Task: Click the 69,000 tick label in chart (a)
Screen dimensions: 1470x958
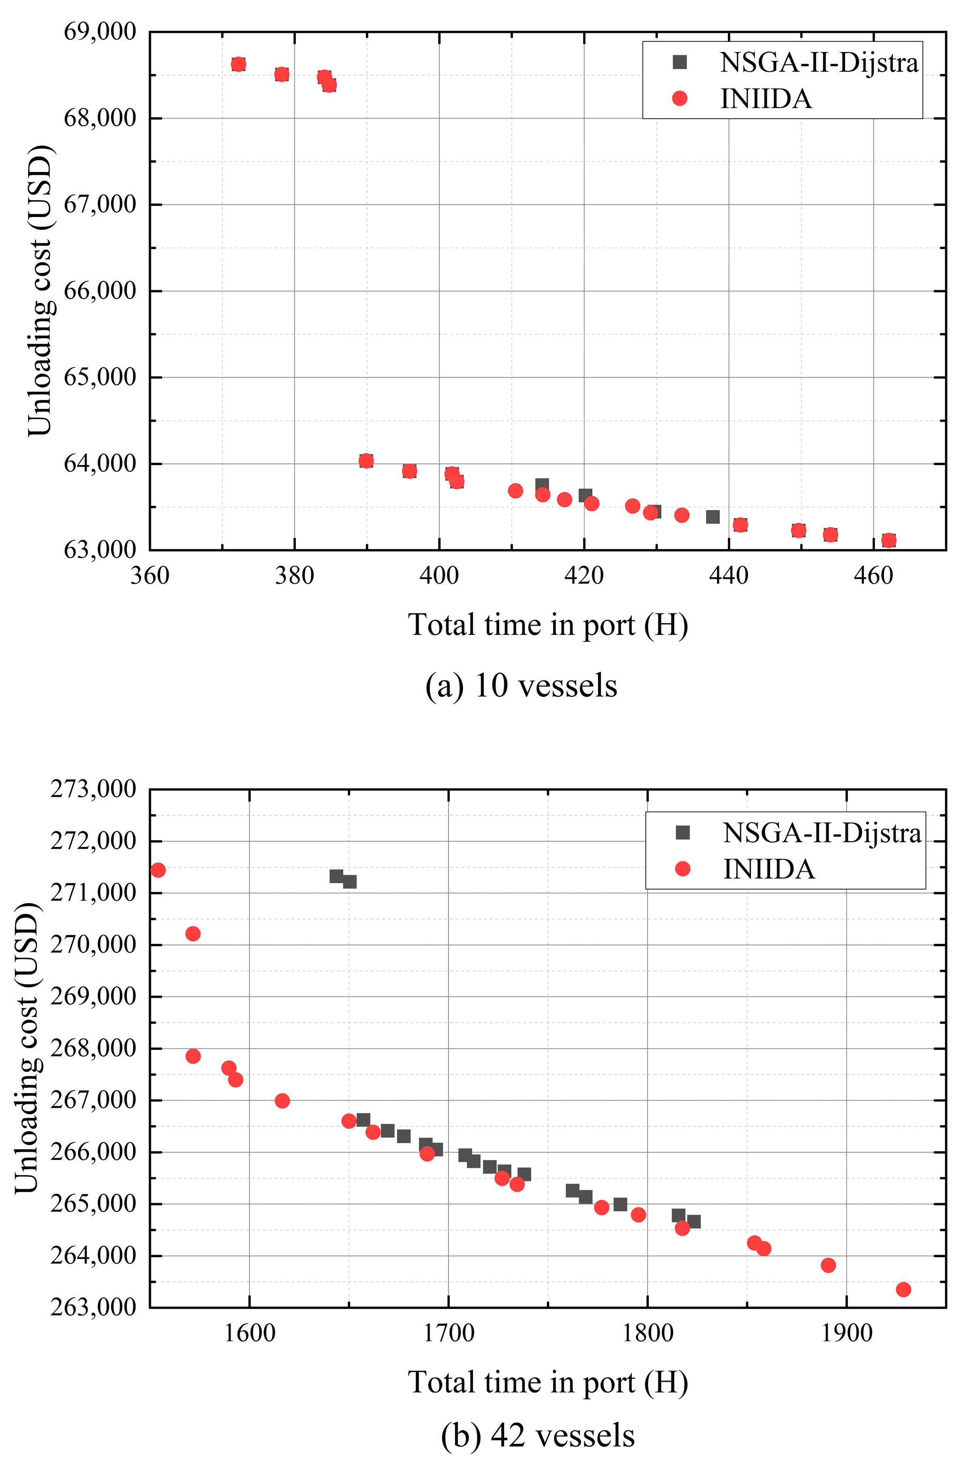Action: point(99,31)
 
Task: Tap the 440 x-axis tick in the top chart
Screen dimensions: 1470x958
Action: point(728,576)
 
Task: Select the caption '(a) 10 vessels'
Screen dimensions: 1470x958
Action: point(521,686)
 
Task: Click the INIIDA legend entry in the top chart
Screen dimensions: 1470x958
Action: point(765,99)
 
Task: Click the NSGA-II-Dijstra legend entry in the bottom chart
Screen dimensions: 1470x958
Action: point(821,833)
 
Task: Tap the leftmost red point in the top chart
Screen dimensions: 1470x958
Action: point(238,64)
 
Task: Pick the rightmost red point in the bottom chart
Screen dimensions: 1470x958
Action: point(903,1289)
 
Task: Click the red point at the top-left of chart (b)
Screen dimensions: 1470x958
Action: point(158,870)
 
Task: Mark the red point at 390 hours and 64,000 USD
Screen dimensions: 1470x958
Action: point(366,461)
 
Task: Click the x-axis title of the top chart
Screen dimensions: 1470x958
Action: point(547,625)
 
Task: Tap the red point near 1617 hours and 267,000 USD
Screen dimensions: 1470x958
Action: point(282,1101)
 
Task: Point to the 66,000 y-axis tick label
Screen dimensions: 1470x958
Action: point(99,290)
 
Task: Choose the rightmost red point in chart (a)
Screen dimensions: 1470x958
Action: point(888,541)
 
